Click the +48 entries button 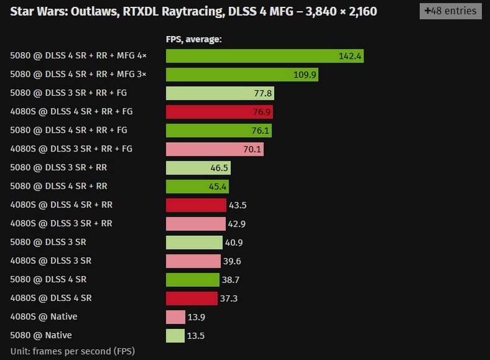[450, 11]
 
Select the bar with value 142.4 [264, 56]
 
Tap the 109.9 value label [305, 74]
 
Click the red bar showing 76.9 [219, 112]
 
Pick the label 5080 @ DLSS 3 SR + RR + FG [69, 93]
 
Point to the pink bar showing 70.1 [215, 149]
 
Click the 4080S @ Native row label [44, 317]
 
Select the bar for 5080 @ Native [175, 335]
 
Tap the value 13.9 [196, 317]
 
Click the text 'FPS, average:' [194, 39]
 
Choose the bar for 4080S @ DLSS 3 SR [193, 261]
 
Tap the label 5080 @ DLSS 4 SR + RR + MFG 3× [78, 74]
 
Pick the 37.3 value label [229, 299]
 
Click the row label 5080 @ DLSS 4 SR [48, 279]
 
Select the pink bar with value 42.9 [195, 223]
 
